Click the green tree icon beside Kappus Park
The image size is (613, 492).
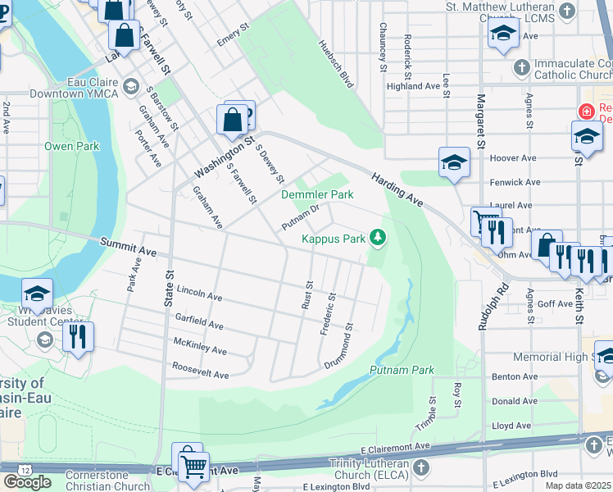click(x=378, y=238)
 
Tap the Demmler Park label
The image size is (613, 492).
click(x=317, y=194)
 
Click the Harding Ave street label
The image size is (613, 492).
click(x=397, y=189)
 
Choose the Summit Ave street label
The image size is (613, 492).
click(x=128, y=244)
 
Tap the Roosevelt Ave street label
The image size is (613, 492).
click(x=200, y=373)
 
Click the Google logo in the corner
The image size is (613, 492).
click(x=27, y=481)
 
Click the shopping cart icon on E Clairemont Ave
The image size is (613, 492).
click(x=194, y=467)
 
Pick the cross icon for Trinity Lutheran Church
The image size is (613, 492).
click(x=420, y=468)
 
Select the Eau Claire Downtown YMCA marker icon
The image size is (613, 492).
click(x=130, y=87)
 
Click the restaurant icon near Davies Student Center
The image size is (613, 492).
click(x=78, y=336)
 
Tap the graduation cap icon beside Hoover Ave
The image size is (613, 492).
click(x=453, y=162)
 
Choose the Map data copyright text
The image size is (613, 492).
click(x=579, y=485)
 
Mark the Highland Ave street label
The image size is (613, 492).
click(x=414, y=86)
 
